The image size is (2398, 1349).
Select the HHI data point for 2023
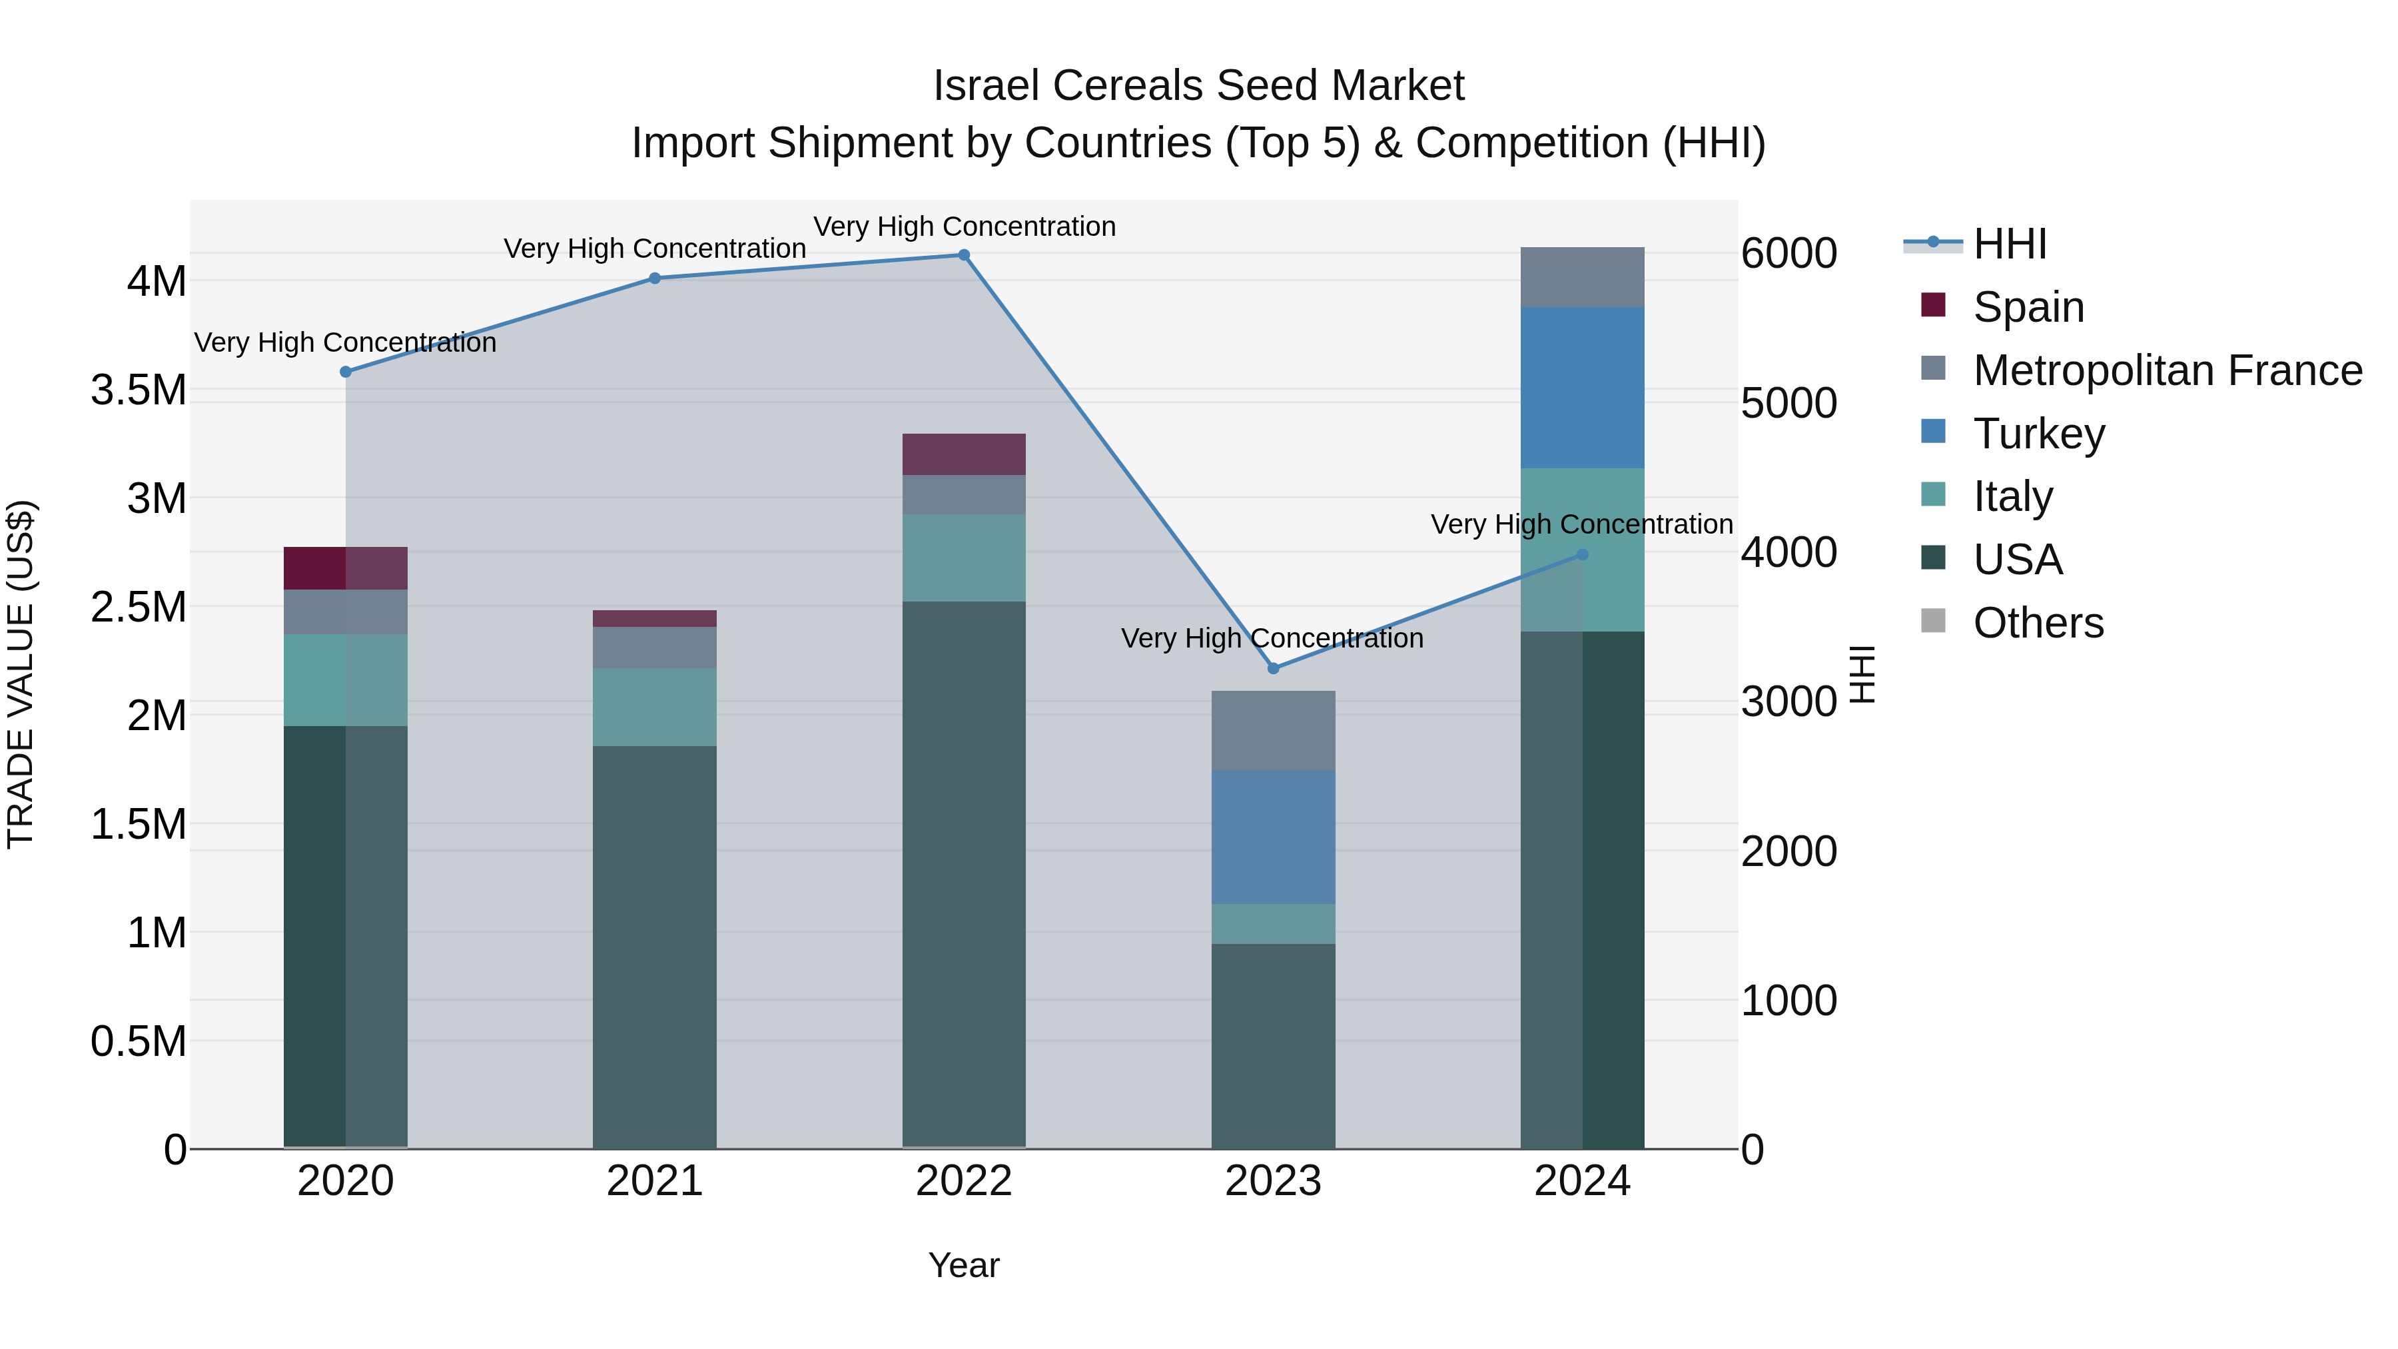coord(1274,668)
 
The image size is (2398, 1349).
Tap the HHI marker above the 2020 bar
coord(345,372)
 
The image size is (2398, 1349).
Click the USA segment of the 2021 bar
coord(654,946)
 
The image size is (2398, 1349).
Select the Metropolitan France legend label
coord(2167,370)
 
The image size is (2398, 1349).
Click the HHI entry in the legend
coord(2009,244)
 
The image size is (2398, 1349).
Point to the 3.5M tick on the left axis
coord(138,390)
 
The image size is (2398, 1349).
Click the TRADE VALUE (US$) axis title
coord(21,674)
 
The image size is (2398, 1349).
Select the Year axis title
coord(963,1265)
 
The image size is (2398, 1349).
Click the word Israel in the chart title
coord(986,86)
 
